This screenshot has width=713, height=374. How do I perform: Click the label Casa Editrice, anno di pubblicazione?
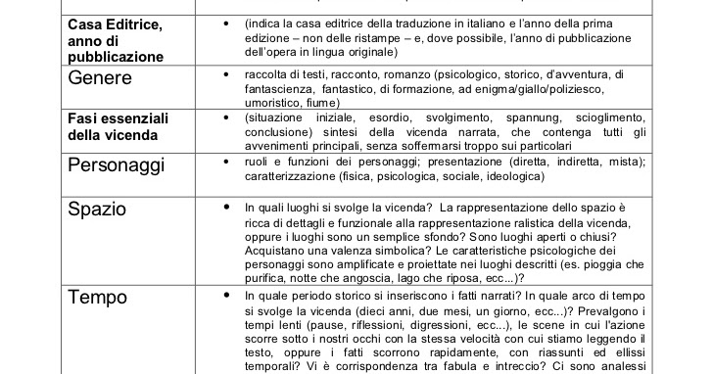(116, 39)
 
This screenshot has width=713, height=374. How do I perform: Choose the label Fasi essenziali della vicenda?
(118, 125)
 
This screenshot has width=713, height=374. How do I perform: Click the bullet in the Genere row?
(226, 73)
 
